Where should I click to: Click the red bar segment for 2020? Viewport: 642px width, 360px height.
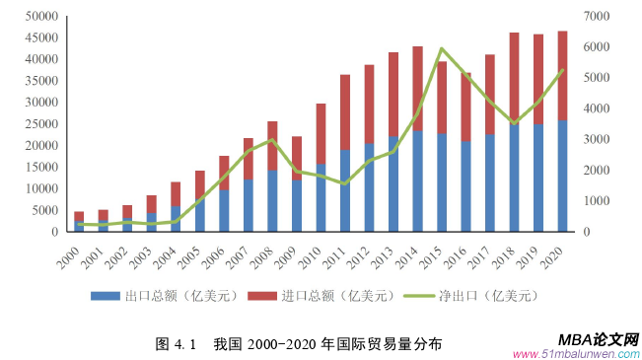[x=562, y=75]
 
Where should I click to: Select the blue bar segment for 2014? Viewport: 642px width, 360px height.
[x=417, y=181]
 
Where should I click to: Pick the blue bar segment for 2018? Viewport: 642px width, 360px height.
[x=514, y=178]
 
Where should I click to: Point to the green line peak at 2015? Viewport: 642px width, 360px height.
[x=442, y=48]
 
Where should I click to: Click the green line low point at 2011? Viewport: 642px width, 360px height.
[x=345, y=183]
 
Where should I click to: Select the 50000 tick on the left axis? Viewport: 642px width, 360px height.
[x=40, y=17]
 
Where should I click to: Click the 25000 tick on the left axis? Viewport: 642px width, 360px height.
[x=40, y=124]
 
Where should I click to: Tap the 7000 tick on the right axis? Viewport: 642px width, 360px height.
[x=597, y=17]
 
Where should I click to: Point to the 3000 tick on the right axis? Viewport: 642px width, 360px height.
[x=597, y=139]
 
